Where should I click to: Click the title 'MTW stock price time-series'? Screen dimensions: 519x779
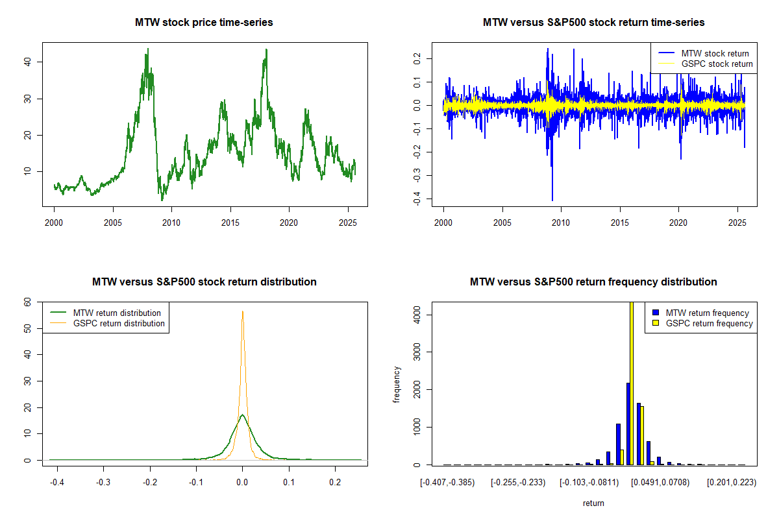(x=204, y=23)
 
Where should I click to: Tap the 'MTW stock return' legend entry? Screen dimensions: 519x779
(x=715, y=53)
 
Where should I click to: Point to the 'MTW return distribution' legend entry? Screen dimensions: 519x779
(x=117, y=313)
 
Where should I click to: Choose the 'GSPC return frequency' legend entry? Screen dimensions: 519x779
(x=709, y=323)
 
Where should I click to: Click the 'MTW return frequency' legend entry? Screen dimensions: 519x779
(x=707, y=313)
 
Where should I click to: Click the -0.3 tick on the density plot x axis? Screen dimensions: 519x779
(x=103, y=483)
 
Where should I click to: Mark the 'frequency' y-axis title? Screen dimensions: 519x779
(x=397, y=384)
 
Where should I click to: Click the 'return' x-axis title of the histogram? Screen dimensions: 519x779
(x=593, y=503)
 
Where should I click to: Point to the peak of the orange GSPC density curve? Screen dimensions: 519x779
(x=243, y=311)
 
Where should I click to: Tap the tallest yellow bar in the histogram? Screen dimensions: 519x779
(x=632, y=383)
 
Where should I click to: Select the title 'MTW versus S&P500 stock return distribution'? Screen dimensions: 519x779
(x=204, y=282)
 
